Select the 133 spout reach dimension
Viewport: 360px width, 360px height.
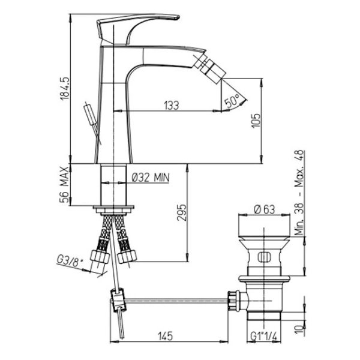tap(171, 106)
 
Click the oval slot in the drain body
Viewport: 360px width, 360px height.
tap(262, 259)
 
